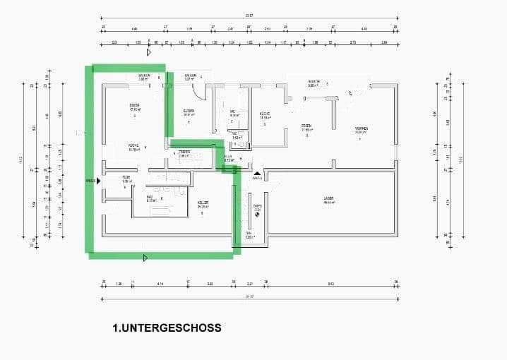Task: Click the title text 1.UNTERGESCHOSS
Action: pyautogui.click(x=167, y=328)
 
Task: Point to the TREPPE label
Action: pyautogui.click(x=184, y=152)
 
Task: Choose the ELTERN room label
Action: pyautogui.click(x=189, y=111)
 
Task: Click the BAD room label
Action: pyautogui.click(x=150, y=197)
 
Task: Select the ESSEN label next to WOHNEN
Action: pyautogui.click(x=307, y=127)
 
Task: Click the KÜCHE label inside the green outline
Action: pyautogui.click(x=133, y=146)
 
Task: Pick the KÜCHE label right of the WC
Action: pyautogui.click(x=265, y=114)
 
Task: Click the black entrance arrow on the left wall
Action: pyautogui.click(x=98, y=181)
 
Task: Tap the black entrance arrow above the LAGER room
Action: pyautogui.click(x=257, y=172)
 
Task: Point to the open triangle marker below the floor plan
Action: pyautogui.click(x=145, y=258)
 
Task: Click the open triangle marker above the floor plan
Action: pyautogui.click(x=148, y=52)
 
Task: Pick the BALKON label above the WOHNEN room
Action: pyautogui.click(x=314, y=82)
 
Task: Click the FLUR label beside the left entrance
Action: pyautogui.click(x=126, y=177)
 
